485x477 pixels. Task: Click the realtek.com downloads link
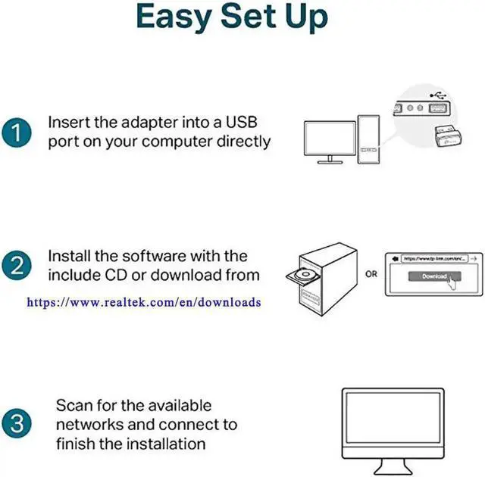[144, 302]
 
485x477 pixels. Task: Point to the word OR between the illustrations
[371, 273]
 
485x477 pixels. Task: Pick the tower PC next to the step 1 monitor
[369, 138]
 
